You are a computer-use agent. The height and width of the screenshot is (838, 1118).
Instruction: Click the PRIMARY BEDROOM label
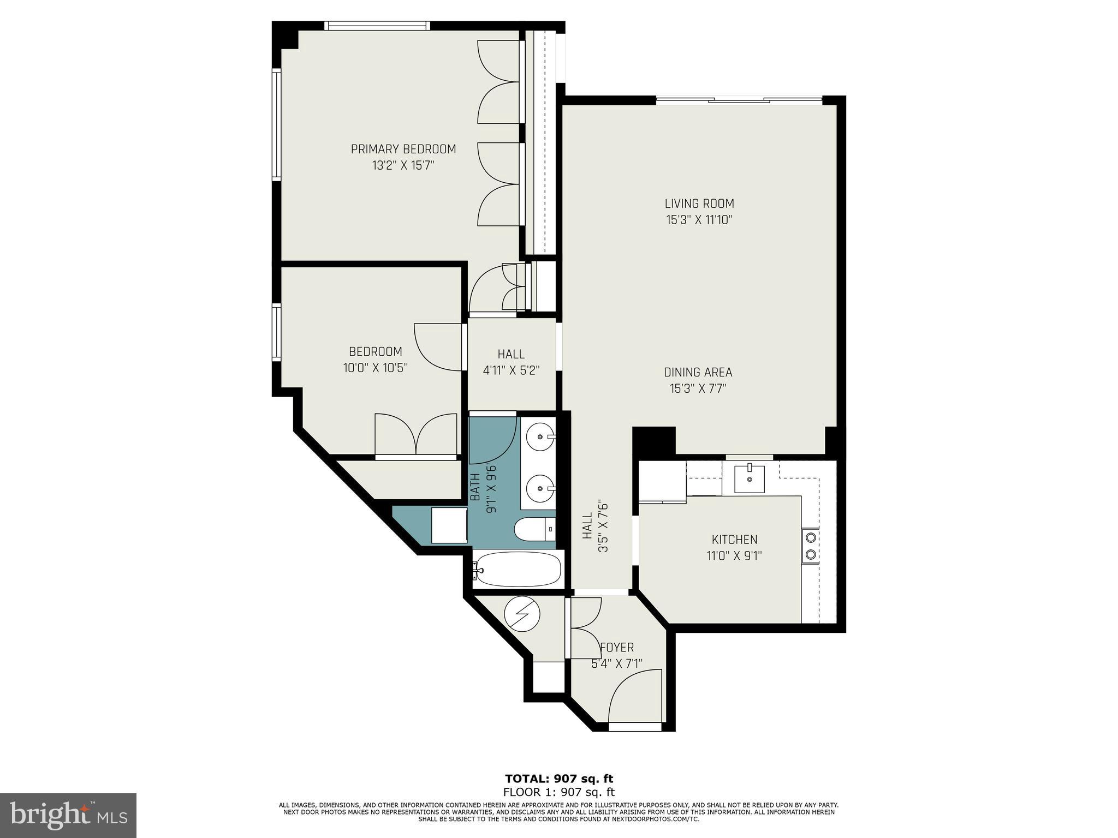click(403, 149)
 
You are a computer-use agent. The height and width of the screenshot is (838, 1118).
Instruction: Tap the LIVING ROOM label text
click(699, 203)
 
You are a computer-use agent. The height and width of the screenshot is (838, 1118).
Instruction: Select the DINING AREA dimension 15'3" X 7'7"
click(698, 388)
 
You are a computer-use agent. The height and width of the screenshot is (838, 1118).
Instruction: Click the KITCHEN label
click(734, 540)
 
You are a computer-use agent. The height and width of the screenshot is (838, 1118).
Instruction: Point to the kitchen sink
click(749, 478)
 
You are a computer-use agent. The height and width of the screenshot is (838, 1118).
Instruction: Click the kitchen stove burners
click(810, 546)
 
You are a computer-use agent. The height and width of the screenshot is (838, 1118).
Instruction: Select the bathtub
click(518, 570)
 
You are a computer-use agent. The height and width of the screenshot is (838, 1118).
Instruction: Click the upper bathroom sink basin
click(540, 436)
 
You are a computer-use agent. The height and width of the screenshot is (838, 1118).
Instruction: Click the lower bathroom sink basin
click(540, 487)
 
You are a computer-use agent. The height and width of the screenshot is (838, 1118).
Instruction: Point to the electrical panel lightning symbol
click(522, 614)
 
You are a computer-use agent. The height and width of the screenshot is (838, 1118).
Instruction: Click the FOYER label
click(617, 648)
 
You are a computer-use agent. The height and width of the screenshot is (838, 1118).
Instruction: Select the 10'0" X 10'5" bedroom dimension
click(375, 368)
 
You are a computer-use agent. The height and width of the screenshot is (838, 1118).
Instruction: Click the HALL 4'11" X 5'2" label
click(511, 362)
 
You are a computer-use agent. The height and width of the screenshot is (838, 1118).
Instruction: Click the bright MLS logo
click(68, 815)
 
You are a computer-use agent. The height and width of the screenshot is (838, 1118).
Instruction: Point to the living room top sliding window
click(738, 100)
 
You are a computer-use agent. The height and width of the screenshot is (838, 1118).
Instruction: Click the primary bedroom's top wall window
click(377, 26)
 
